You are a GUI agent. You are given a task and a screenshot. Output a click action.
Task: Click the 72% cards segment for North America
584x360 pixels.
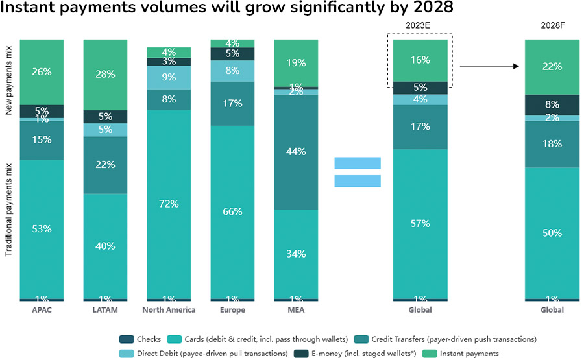click(x=169, y=204)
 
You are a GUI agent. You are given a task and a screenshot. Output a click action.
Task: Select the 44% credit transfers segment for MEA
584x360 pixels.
click(x=296, y=152)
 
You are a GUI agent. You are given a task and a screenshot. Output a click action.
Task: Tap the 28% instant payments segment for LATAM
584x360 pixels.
click(x=105, y=74)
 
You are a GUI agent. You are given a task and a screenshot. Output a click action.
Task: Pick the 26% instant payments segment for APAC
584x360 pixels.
click(x=42, y=71)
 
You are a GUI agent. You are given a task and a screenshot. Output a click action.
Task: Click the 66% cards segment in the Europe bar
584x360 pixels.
click(x=232, y=211)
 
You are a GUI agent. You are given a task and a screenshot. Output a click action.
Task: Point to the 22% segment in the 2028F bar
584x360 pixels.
click(x=552, y=67)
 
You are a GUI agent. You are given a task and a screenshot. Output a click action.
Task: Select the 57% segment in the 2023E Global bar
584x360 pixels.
click(x=420, y=223)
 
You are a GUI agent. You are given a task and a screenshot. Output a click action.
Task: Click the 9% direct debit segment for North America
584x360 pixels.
click(x=169, y=78)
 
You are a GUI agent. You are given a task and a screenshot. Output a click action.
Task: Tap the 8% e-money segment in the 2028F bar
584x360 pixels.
click(x=552, y=104)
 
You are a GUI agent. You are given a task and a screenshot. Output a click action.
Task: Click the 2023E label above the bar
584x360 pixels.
click(x=420, y=26)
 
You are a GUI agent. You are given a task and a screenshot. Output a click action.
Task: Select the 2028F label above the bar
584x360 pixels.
click(x=552, y=26)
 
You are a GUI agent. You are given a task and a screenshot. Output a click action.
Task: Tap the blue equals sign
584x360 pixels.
click(x=358, y=172)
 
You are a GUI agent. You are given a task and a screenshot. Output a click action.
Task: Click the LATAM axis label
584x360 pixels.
click(x=105, y=310)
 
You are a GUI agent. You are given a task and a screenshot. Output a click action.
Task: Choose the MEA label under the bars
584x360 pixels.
click(x=296, y=310)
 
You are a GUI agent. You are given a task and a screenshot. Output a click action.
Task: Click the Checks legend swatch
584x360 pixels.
click(x=126, y=339)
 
